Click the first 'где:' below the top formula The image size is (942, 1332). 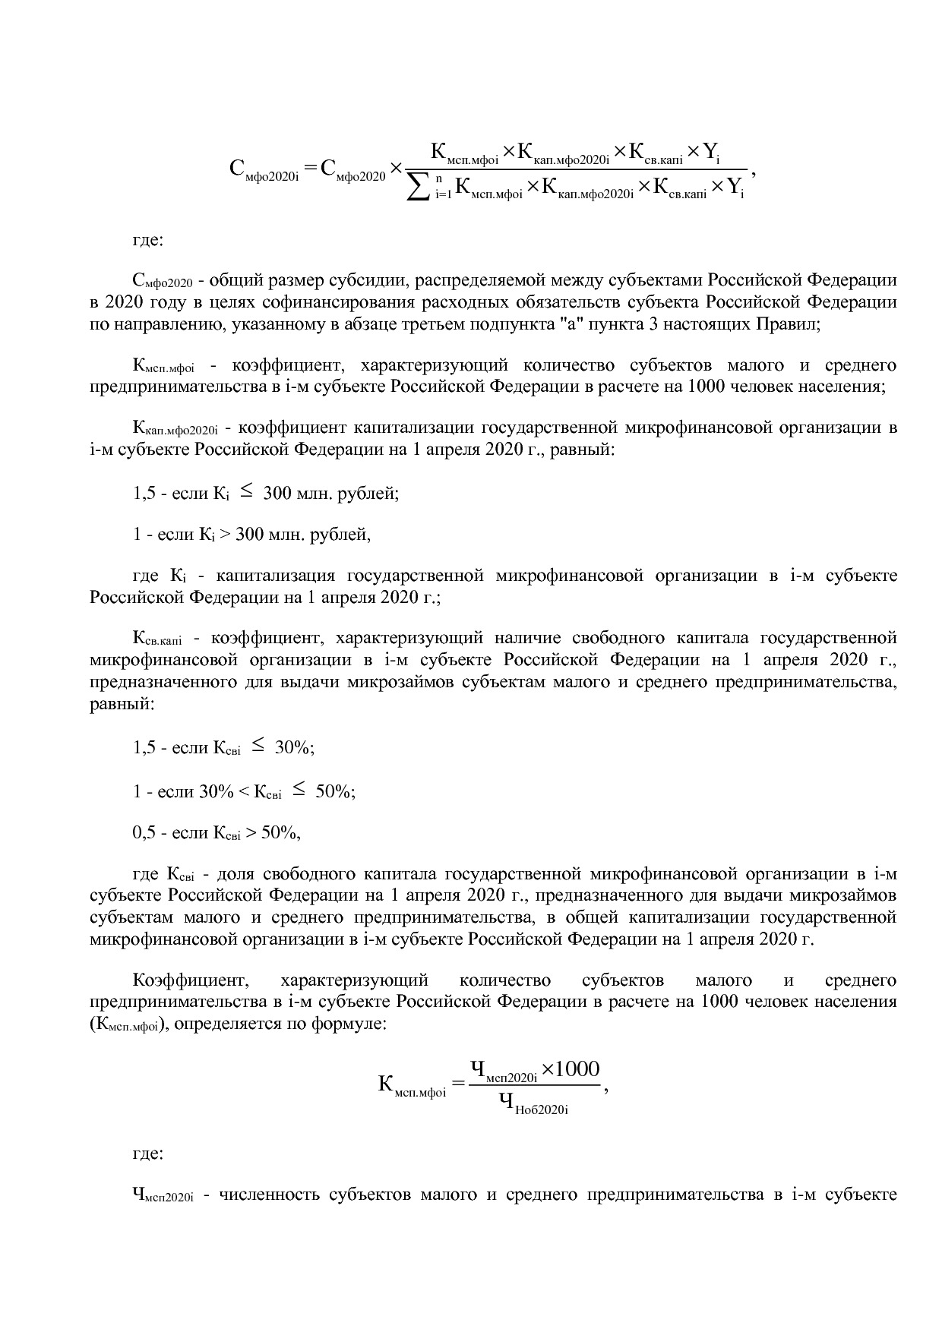(148, 241)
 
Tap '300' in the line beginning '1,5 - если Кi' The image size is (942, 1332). (277, 494)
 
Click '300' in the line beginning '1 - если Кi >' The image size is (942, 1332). (249, 535)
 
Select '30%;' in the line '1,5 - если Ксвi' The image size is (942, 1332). (295, 748)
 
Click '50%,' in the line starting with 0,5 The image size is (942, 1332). (280, 833)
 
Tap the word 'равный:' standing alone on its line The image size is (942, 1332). (122, 704)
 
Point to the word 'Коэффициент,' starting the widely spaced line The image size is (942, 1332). (180, 980)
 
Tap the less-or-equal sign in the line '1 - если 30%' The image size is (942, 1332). (299, 791)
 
